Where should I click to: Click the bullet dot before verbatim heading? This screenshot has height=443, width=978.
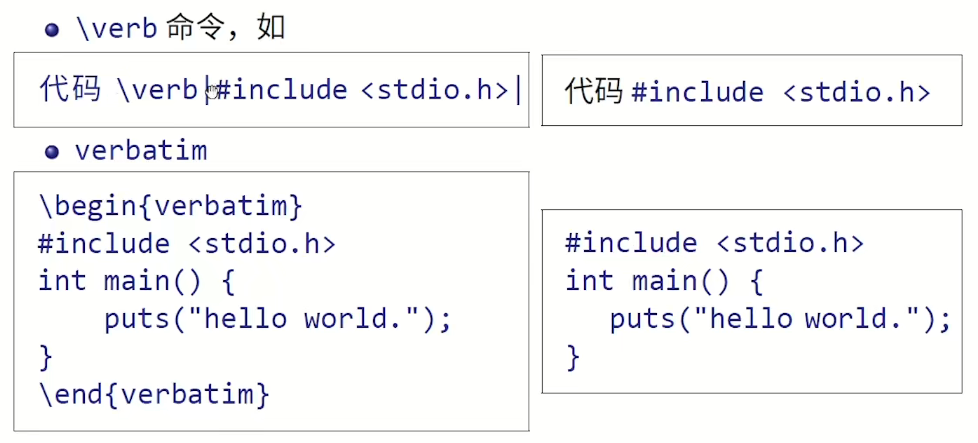53,153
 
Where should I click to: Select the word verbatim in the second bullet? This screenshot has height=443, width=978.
141,152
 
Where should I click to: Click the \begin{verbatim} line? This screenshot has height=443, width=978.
170,207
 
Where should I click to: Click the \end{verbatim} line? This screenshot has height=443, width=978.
154,394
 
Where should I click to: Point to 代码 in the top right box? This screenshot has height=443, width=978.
594,93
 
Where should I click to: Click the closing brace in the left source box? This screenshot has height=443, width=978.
45,356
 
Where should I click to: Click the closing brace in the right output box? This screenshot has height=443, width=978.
573,357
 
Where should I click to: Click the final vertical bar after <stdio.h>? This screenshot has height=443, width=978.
518,90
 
